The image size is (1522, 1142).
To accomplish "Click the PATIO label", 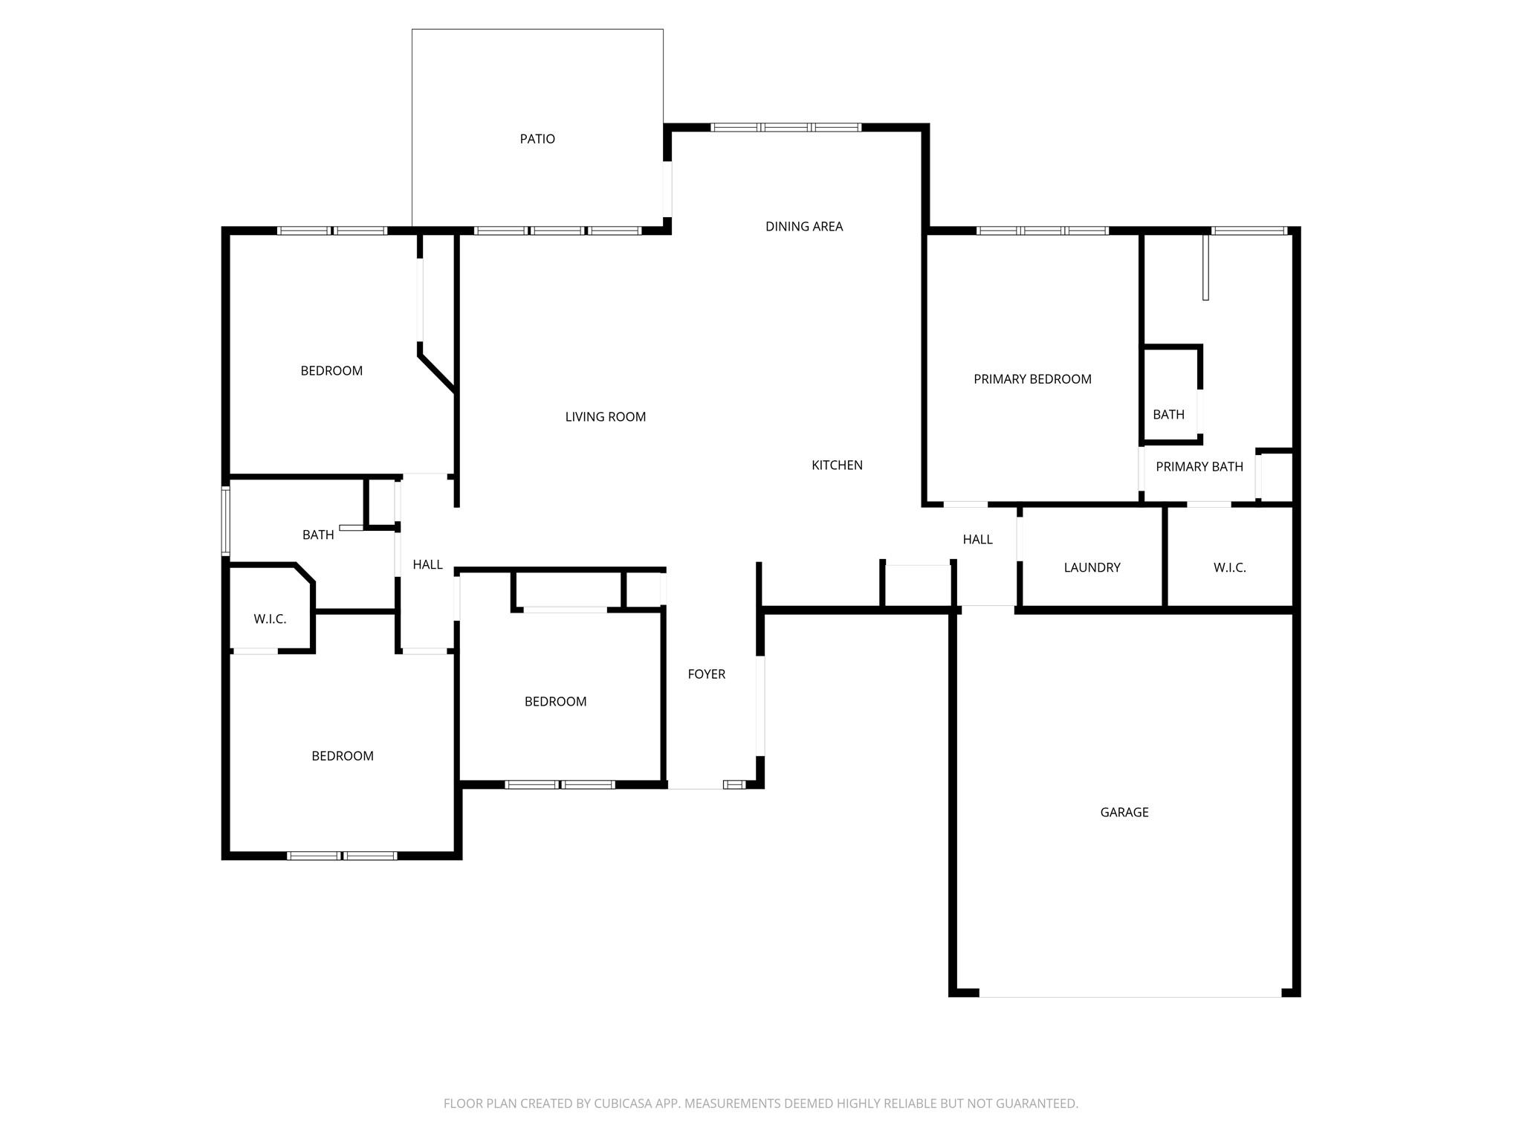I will pyautogui.click(x=537, y=139).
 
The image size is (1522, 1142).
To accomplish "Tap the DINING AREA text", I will pyautogui.click(x=803, y=227).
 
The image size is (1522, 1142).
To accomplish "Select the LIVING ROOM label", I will pyautogui.click(x=605, y=417).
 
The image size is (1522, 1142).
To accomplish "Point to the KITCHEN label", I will pyautogui.click(x=837, y=465).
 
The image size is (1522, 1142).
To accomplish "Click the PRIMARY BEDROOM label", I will pyautogui.click(x=1032, y=379).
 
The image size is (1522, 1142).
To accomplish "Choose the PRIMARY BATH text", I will pyautogui.click(x=1199, y=467).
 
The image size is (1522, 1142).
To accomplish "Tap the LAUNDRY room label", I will pyautogui.click(x=1091, y=568).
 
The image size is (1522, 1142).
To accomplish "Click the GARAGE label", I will pyautogui.click(x=1124, y=813).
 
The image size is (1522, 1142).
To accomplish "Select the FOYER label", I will pyautogui.click(x=706, y=674).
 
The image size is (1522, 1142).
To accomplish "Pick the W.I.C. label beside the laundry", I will pyautogui.click(x=1229, y=568).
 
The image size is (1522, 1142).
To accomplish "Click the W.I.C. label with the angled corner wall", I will pyautogui.click(x=270, y=619).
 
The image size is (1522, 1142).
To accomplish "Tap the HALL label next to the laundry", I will pyautogui.click(x=977, y=540).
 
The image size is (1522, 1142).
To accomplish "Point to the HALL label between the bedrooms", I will pyautogui.click(x=427, y=565).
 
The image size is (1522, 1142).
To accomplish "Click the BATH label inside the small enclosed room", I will pyautogui.click(x=1168, y=415).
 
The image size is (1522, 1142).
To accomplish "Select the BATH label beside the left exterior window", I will pyautogui.click(x=317, y=535).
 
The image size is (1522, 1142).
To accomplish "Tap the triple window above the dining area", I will pyautogui.click(x=786, y=128).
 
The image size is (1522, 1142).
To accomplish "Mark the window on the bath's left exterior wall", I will pyautogui.click(x=226, y=521).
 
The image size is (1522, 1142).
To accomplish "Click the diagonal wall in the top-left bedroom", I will pyautogui.click(x=437, y=372).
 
